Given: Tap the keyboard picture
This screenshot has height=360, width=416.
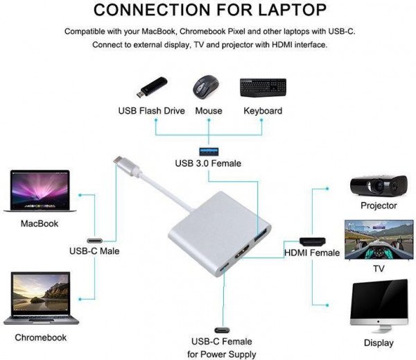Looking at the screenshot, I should pos(263,87).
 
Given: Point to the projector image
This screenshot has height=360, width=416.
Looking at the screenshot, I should pos(378,185).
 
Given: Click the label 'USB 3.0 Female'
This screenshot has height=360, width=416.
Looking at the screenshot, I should pos(208,164).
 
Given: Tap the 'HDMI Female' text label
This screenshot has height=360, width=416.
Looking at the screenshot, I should pos(312,252).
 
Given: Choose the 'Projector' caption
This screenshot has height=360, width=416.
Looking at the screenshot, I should pos(379,205).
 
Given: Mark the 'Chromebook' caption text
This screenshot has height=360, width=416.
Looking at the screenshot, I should pos(41,337).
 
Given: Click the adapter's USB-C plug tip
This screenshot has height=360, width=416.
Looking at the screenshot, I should pos(119,163).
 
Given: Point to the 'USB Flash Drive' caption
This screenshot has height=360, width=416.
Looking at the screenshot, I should pos(151,111).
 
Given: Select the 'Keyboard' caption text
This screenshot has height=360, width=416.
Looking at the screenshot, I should pos(263,111).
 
